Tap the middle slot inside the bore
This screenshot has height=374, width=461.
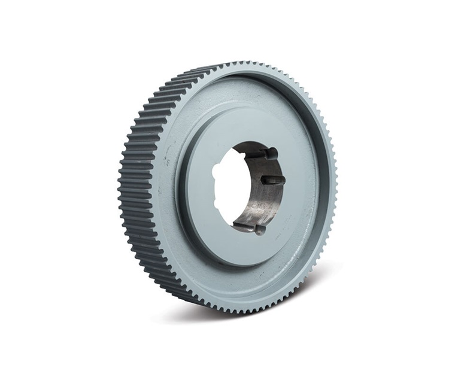click(269, 180)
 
